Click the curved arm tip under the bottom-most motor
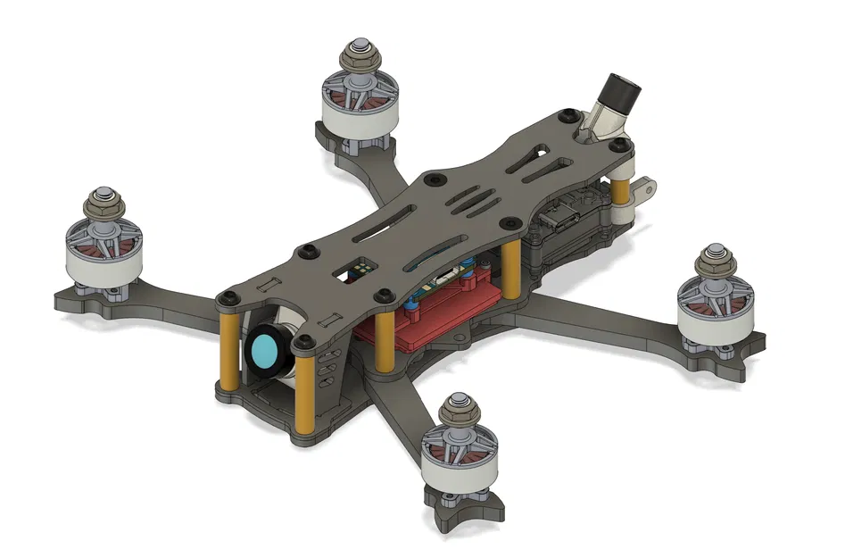click(464, 515)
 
